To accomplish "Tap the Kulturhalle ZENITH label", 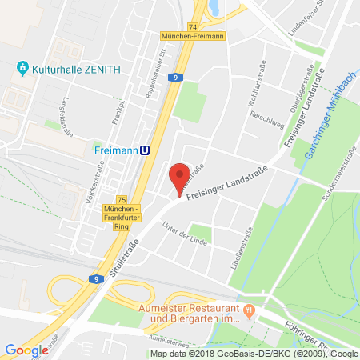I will (77, 69).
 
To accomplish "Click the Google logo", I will (26, 350).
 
